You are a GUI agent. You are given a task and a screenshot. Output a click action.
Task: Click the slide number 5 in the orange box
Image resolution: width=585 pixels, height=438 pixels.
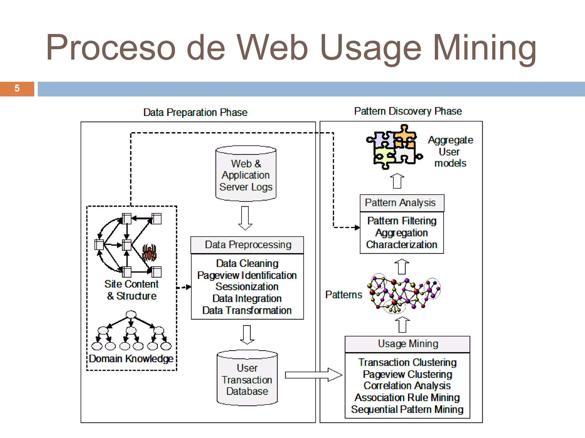click(17, 88)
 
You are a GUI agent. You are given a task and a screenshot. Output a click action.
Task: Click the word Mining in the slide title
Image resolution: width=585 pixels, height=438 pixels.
click(484, 48)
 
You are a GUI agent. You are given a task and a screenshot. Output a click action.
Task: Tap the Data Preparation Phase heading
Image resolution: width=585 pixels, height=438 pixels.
click(195, 112)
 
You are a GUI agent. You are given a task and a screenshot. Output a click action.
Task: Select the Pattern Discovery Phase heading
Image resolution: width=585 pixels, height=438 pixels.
click(408, 111)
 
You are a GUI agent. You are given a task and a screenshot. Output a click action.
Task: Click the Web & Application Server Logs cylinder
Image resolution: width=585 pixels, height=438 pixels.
click(246, 174)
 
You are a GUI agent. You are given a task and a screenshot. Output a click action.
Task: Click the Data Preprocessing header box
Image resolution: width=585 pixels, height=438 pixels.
click(247, 245)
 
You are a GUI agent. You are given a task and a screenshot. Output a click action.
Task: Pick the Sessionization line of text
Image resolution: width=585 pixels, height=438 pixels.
click(247, 287)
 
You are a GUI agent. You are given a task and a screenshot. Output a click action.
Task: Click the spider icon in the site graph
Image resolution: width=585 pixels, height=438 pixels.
click(149, 252)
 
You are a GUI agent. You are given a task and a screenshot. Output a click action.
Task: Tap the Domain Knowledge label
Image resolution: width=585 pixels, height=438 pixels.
click(131, 358)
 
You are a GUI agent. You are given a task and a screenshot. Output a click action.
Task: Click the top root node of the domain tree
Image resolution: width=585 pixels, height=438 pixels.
click(131, 314)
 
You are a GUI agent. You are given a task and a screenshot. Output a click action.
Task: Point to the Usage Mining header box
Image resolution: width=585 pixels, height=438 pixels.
click(408, 344)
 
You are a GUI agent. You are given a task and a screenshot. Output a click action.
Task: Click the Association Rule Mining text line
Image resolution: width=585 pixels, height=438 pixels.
click(407, 398)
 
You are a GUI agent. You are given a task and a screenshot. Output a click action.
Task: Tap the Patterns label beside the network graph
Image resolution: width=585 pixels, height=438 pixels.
click(343, 295)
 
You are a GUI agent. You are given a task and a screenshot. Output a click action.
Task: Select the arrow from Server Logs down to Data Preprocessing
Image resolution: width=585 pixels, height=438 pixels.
click(245, 218)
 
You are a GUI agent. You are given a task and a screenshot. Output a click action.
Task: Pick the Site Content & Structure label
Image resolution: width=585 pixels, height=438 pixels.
click(131, 290)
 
